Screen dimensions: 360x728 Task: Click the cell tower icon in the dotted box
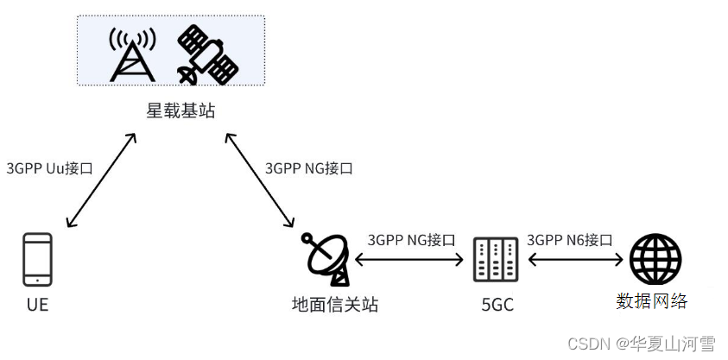(132, 54)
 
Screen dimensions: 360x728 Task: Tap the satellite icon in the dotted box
(206, 54)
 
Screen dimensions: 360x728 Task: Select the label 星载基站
(180, 111)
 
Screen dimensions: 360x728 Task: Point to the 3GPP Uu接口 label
(49, 168)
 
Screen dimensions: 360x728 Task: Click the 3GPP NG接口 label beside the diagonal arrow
(308, 168)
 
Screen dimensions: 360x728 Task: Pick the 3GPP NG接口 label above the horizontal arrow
(411, 240)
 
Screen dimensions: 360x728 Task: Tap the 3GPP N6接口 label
(569, 240)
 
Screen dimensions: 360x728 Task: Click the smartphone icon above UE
(37, 259)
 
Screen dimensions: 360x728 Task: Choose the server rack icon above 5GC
(495, 259)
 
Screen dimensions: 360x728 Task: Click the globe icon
(655, 259)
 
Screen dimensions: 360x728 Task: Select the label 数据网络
(652, 301)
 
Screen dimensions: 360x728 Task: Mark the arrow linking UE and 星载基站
(101, 181)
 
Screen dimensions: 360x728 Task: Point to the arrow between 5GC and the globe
(574, 259)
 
